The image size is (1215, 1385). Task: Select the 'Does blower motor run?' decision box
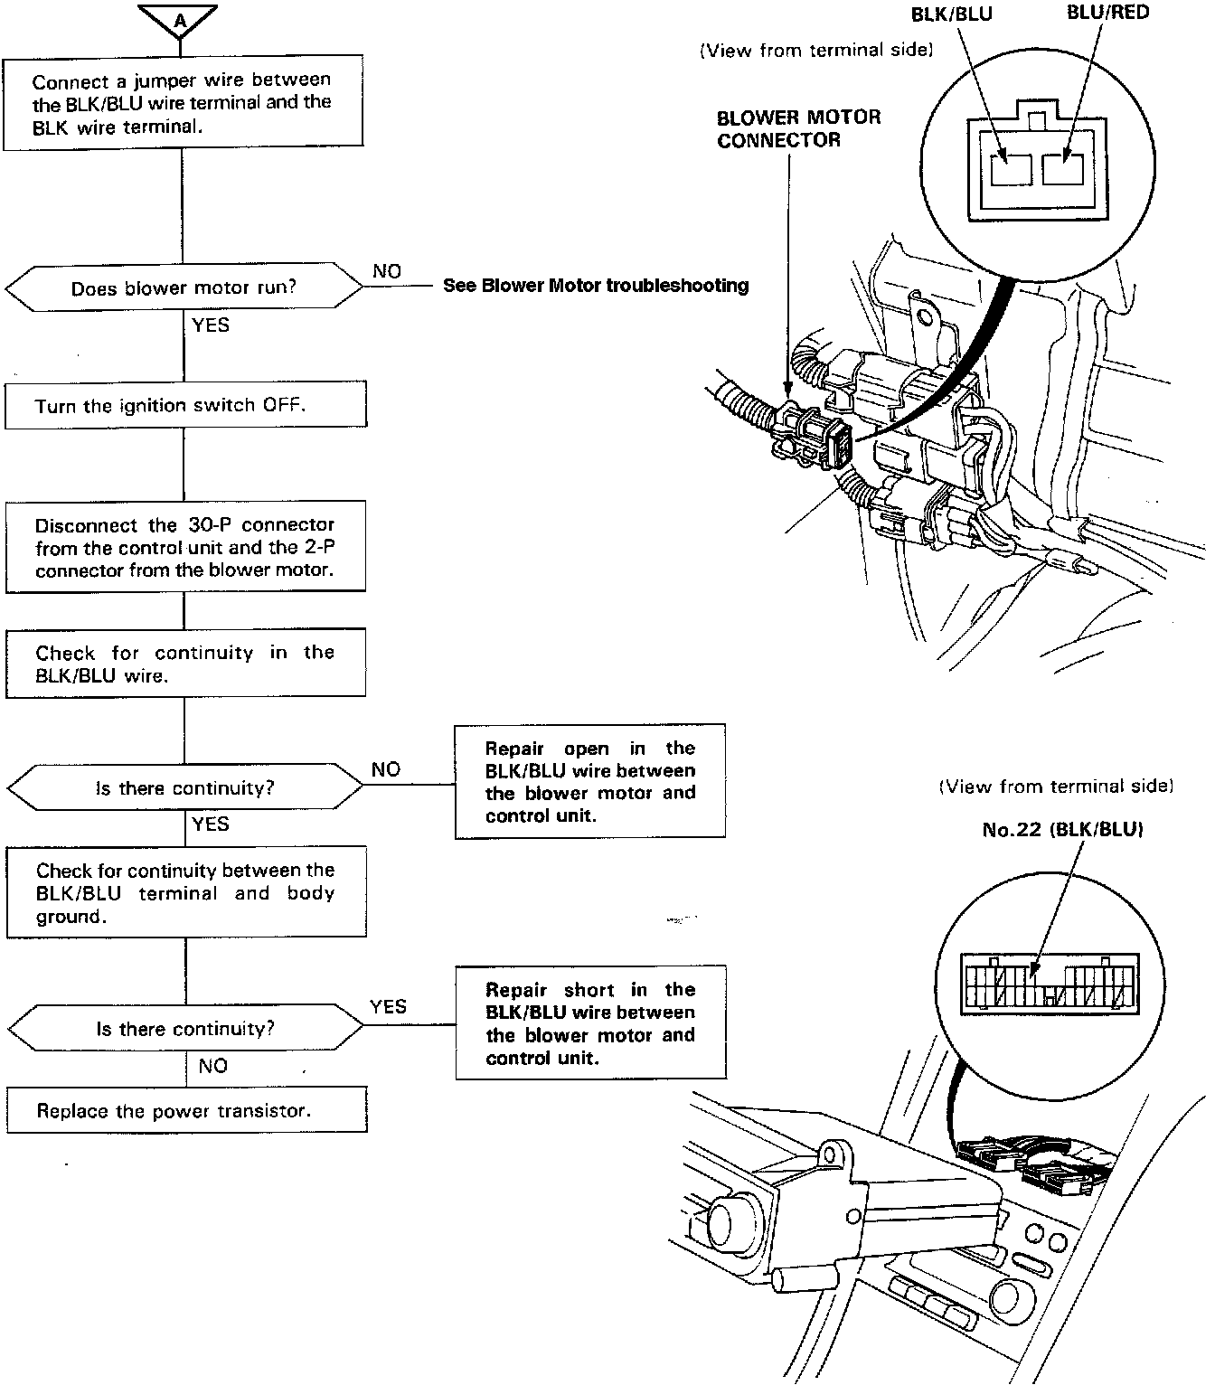pyautogui.click(x=184, y=287)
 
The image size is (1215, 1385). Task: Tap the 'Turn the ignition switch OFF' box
pyautogui.click(x=185, y=405)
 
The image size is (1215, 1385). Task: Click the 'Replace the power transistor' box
pyautogui.click(x=186, y=1110)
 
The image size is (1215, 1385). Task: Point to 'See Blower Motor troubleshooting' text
pyautogui.click(x=596, y=286)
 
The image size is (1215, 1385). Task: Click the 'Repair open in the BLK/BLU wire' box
pyautogui.click(x=589, y=781)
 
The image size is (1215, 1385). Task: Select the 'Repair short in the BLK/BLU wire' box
pyautogui.click(x=590, y=1022)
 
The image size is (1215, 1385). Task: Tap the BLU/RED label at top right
pyautogui.click(x=1107, y=13)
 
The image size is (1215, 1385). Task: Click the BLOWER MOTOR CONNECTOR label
pyautogui.click(x=798, y=128)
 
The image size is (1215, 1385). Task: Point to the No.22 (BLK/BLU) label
pyautogui.click(x=1062, y=829)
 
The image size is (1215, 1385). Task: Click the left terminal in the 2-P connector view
pyautogui.click(x=1012, y=169)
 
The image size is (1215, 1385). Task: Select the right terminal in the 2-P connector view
pyautogui.click(x=1062, y=169)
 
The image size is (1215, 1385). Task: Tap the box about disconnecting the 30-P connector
pyautogui.click(x=185, y=547)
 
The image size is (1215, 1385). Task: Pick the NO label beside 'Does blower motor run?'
pyautogui.click(x=386, y=271)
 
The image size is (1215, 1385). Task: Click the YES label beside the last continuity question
pyautogui.click(x=388, y=1006)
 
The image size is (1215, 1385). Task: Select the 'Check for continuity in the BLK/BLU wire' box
pyautogui.click(x=185, y=664)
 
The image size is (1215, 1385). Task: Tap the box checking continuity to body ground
pyautogui.click(x=186, y=892)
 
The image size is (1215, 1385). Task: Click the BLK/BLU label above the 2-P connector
pyautogui.click(x=951, y=14)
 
